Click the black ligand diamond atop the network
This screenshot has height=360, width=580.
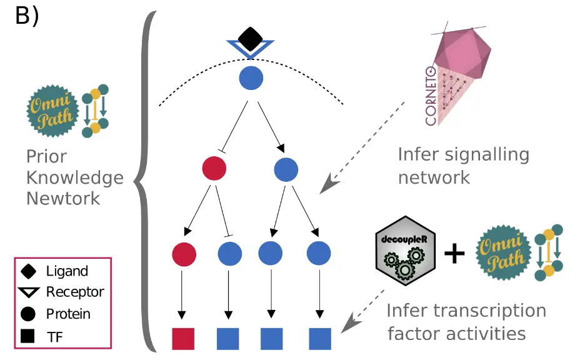click(250, 39)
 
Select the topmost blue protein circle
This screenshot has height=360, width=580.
click(251, 78)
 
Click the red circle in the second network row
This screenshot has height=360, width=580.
click(214, 168)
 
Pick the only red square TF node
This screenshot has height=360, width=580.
click(183, 338)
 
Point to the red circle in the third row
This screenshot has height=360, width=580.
click(184, 254)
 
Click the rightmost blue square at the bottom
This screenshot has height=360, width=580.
click(319, 338)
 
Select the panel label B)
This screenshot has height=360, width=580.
click(27, 17)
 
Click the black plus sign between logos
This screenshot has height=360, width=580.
click(454, 253)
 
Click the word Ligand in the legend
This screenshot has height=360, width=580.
click(67, 271)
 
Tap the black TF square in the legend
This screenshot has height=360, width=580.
click(27, 336)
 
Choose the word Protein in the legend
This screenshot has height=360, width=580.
click(68, 314)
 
